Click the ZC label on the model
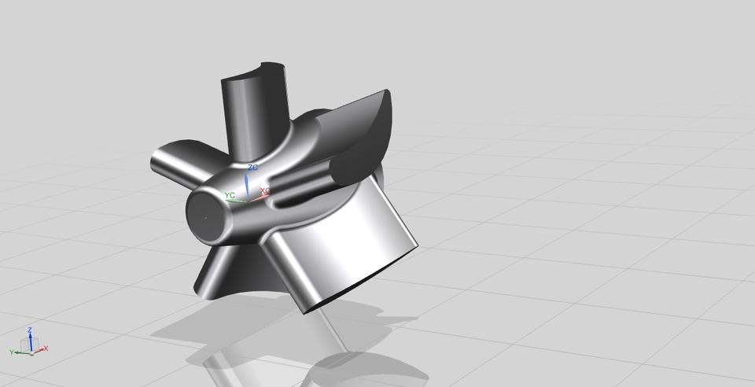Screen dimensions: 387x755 pos(252,168)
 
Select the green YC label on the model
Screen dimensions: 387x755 pos(230,194)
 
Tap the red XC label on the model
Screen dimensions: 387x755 pos(265,191)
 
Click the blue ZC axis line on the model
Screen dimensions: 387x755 pos(248,185)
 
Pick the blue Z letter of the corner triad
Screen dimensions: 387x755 pos(29,330)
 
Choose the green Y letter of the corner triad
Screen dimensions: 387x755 pos(12,352)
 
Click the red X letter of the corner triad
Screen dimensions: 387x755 pos(46,348)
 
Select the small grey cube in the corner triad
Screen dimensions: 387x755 pos(35,343)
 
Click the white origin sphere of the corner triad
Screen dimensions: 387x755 pos(29,349)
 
